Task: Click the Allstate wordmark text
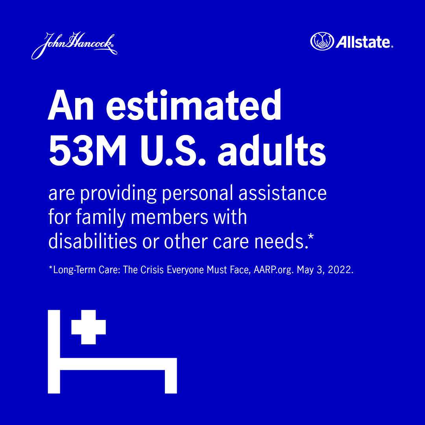tap(363, 42)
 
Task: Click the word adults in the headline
tap(272, 152)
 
